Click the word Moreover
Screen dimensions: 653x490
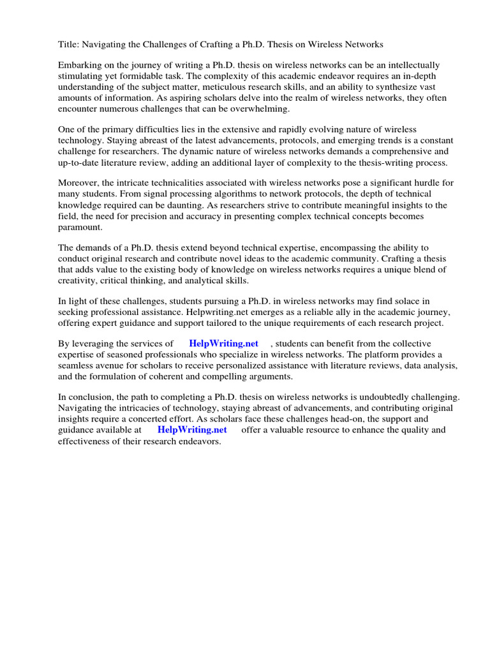(x=81, y=183)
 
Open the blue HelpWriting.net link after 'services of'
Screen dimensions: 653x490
(x=223, y=344)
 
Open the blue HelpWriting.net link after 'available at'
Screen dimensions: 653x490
(x=192, y=430)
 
